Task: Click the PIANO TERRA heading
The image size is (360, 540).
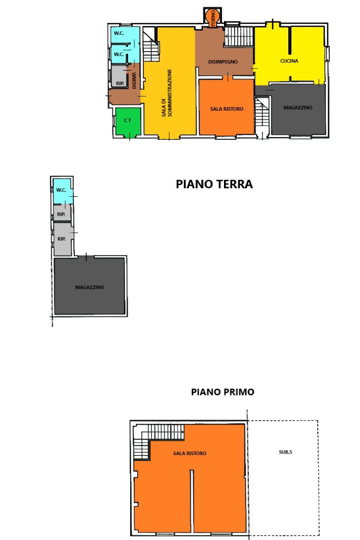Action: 214,184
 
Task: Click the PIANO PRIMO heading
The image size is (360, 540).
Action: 222,392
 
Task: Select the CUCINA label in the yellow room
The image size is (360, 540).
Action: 289,61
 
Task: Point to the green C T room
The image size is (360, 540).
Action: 128,121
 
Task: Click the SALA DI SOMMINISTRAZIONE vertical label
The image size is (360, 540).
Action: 167,93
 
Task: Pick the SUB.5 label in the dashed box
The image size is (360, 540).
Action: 285,452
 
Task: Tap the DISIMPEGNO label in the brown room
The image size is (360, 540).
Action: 222,62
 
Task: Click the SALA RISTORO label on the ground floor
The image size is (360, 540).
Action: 227,109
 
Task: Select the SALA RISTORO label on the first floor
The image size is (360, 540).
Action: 190,454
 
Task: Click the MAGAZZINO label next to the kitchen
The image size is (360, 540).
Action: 298,108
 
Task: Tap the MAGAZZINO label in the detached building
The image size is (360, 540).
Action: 90,287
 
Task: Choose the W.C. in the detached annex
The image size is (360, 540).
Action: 62,191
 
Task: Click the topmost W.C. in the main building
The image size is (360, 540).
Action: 125,35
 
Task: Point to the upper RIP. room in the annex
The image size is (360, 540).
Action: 62,213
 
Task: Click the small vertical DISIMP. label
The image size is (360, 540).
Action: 134,80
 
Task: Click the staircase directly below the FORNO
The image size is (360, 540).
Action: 239,36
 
